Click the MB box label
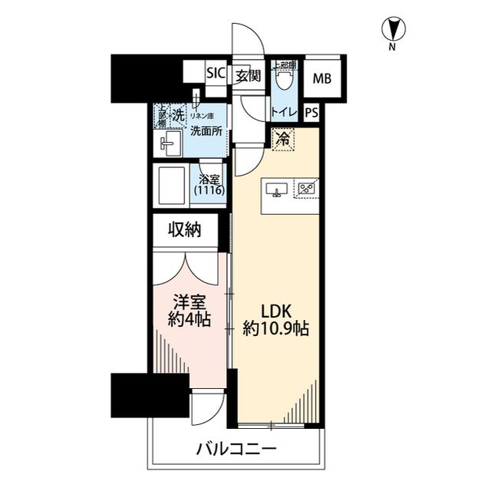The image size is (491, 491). tap(321, 77)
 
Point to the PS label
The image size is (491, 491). tap(311, 112)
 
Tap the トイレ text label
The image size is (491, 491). tap(284, 112)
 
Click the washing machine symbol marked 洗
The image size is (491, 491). tap(178, 116)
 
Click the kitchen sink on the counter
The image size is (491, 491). tap(277, 189)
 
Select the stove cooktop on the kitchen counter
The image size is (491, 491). tap(308, 187)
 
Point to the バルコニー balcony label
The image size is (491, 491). tap(236, 448)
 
